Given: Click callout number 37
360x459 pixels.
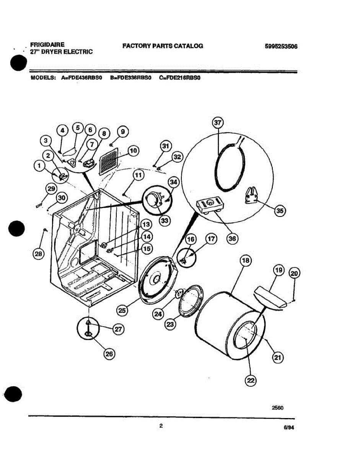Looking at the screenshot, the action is tap(218, 123).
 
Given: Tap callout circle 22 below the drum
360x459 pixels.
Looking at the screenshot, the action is tap(251, 380).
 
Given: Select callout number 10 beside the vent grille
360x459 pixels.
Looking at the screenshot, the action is tap(133, 151).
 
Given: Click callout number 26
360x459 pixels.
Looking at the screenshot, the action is tap(109, 355).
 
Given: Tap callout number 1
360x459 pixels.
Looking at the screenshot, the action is tap(39, 166).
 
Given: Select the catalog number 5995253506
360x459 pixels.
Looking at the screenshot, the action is tap(281, 47).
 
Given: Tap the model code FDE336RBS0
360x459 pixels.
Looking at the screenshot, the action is tap(131, 77).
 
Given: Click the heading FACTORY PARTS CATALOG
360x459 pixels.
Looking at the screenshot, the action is tap(163, 46).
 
